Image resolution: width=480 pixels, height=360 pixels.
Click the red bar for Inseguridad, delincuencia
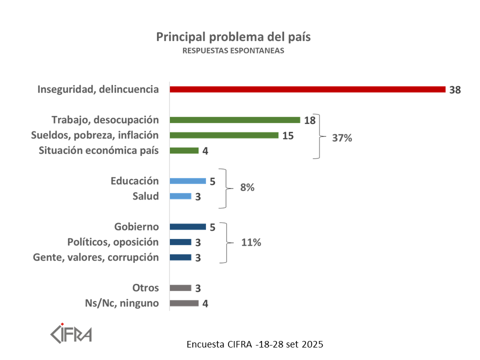tap(307, 89)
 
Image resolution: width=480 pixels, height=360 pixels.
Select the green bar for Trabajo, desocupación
tap(234, 120)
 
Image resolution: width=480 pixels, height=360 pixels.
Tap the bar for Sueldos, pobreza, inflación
tap(223, 135)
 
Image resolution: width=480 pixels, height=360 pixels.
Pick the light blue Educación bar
tap(187, 181)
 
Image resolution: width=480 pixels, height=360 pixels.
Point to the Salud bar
tap(180, 196)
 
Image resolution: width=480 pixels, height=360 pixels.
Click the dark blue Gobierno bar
tap(187, 227)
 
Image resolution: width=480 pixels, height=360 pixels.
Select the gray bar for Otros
tap(180, 288)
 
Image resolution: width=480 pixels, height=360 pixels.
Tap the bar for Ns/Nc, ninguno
tap(184, 303)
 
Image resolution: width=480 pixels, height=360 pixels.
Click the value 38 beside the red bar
tap(454, 90)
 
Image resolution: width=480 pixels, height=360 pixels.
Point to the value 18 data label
tap(309, 120)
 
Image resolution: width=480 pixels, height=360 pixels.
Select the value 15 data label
tap(287, 135)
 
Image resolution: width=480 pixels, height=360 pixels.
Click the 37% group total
tap(342, 138)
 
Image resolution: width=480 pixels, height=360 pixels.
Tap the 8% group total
tap(247, 188)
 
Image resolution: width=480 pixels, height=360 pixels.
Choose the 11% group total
tap(250, 242)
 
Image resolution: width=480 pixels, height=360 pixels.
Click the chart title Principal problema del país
tap(233, 37)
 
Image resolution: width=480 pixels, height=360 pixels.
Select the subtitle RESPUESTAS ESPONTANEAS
tap(233, 51)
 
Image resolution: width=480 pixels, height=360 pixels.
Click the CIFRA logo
tap(71, 332)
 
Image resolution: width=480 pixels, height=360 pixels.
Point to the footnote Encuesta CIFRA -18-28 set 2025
tap(255, 344)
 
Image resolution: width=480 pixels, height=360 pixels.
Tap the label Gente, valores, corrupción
tap(96, 257)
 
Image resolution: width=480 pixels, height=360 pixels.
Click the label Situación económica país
tap(99, 150)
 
